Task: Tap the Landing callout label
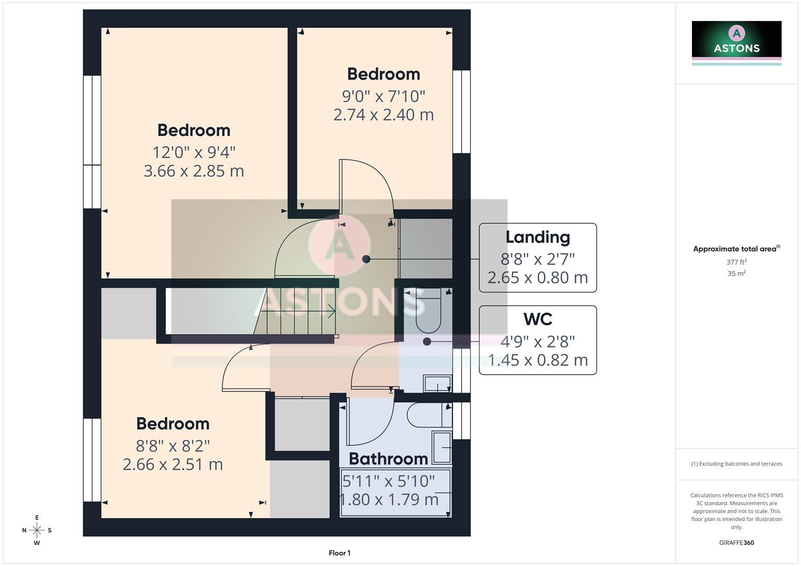(538, 237)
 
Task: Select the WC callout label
(538, 319)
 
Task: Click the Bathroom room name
(388, 459)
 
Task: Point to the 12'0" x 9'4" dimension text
(194, 153)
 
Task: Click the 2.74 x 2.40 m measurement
(383, 115)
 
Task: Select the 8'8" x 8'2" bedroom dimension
(173, 446)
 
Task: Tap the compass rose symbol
(37, 530)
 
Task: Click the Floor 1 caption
(339, 553)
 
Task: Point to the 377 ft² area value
(736, 262)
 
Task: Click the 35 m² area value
(736, 274)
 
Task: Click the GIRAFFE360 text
(736, 542)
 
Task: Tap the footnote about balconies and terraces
(736, 464)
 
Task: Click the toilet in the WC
(429, 314)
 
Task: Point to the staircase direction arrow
(330, 311)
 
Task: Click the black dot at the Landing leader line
(366, 259)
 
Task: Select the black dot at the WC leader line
(427, 342)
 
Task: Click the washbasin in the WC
(437, 384)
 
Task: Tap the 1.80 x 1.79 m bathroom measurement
(389, 499)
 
